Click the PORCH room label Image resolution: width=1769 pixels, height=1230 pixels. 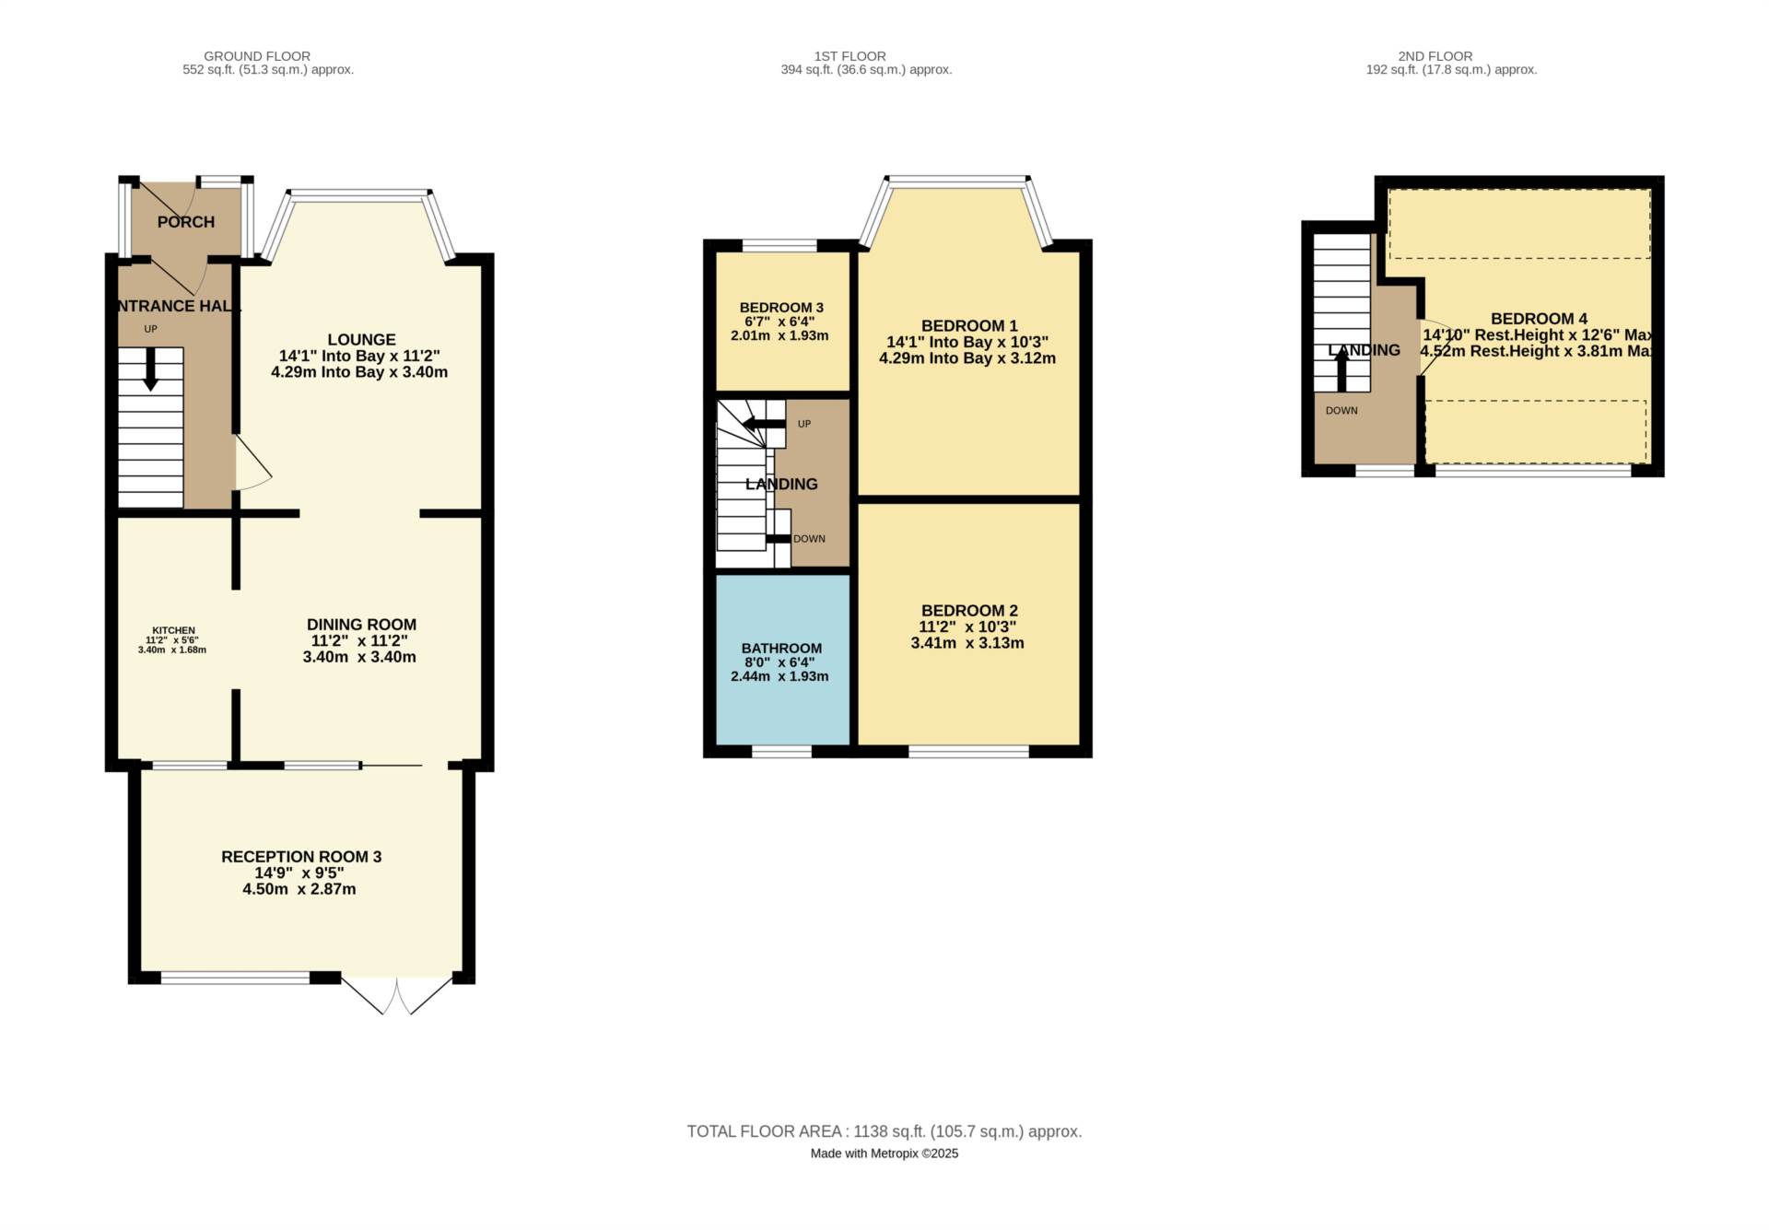(185, 222)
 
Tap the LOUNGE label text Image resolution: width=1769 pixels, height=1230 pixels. (361, 340)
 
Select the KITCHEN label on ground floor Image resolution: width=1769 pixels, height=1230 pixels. (173, 630)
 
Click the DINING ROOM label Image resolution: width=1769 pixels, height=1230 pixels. (361, 625)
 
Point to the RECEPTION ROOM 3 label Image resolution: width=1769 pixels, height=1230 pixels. (301, 857)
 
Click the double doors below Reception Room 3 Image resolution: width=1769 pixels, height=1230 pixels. (397, 996)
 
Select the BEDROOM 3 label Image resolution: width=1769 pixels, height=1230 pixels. (781, 308)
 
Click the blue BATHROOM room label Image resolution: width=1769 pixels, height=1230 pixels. (781, 649)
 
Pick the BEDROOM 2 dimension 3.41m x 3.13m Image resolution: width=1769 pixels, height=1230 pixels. (967, 643)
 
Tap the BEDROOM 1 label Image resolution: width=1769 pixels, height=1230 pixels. (969, 326)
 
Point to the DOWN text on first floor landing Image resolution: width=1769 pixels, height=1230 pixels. (809, 539)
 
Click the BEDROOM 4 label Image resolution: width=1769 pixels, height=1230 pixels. (1539, 319)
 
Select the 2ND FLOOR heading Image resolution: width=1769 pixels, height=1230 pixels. (1435, 56)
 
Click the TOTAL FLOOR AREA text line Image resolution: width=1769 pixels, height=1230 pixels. (884, 1131)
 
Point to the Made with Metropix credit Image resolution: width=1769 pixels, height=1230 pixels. (884, 1154)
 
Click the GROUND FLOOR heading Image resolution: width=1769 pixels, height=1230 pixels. (257, 56)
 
